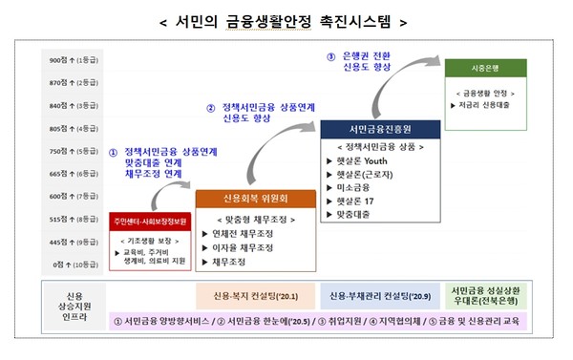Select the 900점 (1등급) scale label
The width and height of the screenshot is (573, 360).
(73, 59)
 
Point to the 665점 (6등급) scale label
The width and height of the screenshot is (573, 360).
(73, 173)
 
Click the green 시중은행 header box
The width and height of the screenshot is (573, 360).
(484, 69)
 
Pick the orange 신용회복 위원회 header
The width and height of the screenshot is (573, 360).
(255, 199)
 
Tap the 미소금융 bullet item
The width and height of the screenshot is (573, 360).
(350, 188)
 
